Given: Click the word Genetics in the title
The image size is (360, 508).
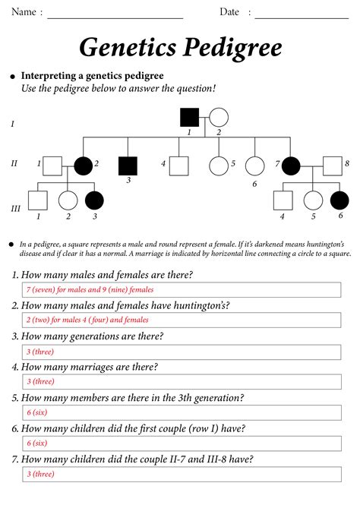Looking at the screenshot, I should (x=127, y=49).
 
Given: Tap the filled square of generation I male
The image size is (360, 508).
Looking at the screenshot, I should (x=189, y=117).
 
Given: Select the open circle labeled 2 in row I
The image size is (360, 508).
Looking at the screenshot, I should (x=219, y=117).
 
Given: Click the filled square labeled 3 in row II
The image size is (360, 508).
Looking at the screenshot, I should (x=128, y=164).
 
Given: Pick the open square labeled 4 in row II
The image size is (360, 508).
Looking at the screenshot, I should (x=178, y=164).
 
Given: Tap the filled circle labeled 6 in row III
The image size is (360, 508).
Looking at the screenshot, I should (x=339, y=200).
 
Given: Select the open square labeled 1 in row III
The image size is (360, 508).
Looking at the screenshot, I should (x=38, y=200).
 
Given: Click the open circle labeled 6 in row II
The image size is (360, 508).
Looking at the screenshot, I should (x=255, y=165).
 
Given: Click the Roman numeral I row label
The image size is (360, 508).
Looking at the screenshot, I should (x=11, y=122).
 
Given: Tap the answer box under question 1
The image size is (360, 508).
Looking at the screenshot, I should (x=182, y=290).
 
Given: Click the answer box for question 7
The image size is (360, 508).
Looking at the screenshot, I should (x=182, y=474).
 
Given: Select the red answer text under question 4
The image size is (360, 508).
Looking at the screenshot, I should (x=40, y=382).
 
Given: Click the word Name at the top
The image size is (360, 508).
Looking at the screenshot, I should (x=24, y=12).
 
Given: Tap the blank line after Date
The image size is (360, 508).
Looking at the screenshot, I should (x=302, y=15).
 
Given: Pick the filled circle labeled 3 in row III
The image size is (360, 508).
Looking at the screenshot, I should (x=95, y=200).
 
